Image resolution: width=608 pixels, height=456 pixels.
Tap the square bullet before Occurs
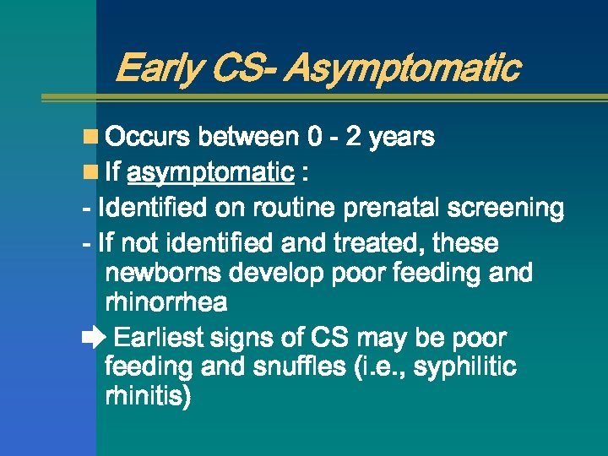pyautogui.click(x=90, y=137)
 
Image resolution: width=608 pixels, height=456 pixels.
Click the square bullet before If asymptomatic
pyautogui.click(x=90, y=173)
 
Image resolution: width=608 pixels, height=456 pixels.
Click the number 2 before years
pyautogui.click(x=355, y=137)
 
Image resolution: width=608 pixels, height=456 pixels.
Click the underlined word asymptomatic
pyautogui.click(x=209, y=174)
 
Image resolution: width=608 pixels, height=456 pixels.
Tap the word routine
pyautogui.click(x=293, y=208)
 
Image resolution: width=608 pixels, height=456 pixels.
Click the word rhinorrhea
pyautogui.click(x=166, y=302)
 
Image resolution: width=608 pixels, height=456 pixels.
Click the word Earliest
pyautogui.click(x=160, y=339)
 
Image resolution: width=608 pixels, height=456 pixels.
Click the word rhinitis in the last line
pyautogui.click(x=148, y=397)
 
